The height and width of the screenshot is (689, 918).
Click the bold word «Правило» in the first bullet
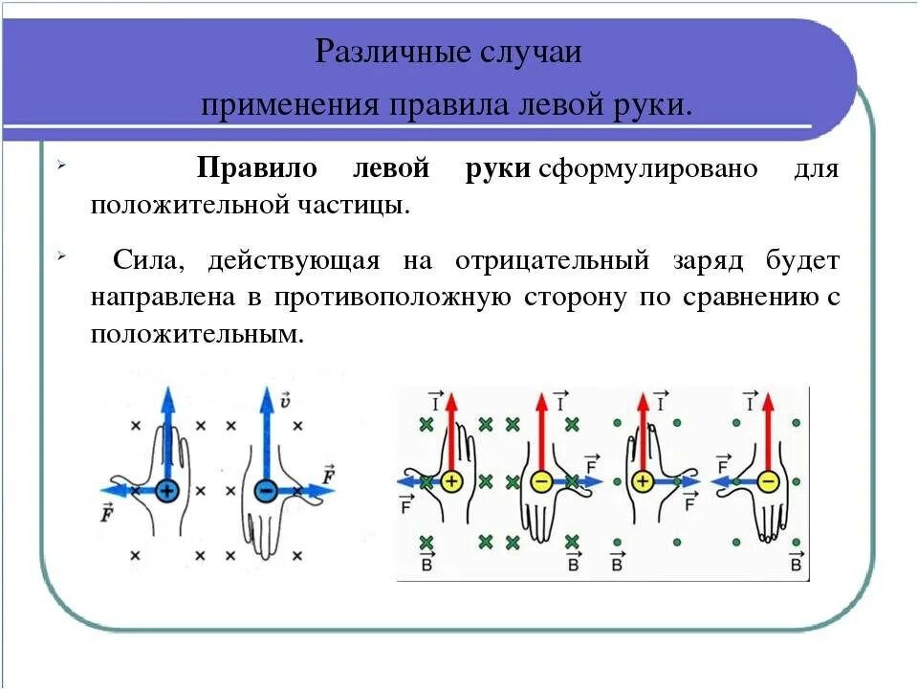pyautogui.click(x=256, y=169)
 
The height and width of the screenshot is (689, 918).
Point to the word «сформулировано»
pyautogui.click(x=647, y=169)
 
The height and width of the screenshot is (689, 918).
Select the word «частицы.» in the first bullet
pyautogui.click(x=355, y=205)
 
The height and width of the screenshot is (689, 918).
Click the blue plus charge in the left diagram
pyautogui.click(x=167, y=491)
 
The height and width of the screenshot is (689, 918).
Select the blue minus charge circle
pyautogui.click(x=267, y=491)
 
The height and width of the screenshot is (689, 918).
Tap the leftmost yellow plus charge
pyautogui.click(x=451, y=481)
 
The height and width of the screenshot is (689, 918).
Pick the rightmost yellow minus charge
pyautogui.click(x=767, y=481)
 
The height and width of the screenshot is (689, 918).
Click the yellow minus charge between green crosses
pyautogui.click(x=541, y=481)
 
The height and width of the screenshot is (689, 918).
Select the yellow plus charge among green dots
pyautogui.click(x=642, y=481)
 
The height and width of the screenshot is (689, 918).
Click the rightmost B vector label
pyautogui.click(x=795, y=562)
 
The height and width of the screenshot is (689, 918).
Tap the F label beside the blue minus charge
pyautogui.click(x=329, y=474)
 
